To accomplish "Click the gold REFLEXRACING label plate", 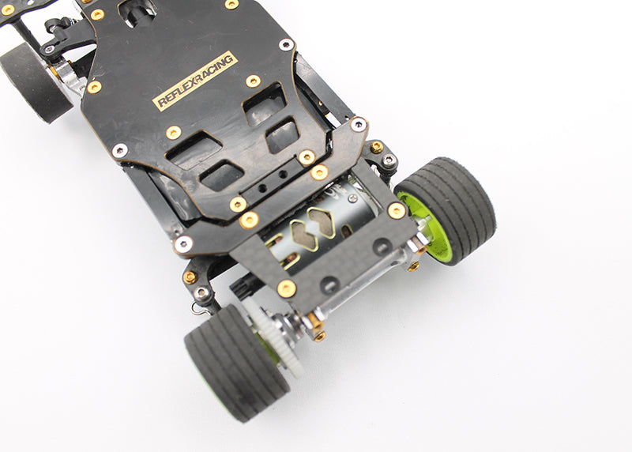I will pyautogui.click(x=194, y=81).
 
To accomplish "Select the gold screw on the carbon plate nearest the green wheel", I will pyautogui.click(x=397, y=210).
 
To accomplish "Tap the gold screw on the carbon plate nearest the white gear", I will pyautogui.click(x=287, y=288).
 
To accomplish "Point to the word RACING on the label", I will pyautogui.click(x=213, y=71).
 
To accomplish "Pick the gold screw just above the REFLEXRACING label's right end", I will pyautogui.click(x=253, y=81).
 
